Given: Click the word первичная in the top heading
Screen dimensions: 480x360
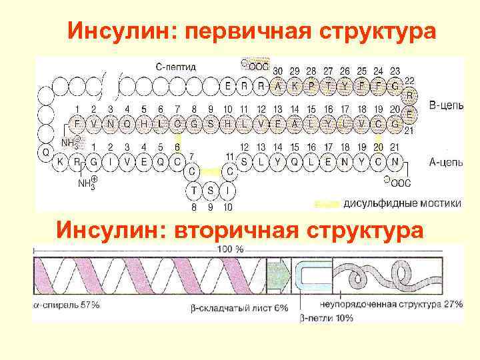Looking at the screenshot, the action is pyautogui.click(x=249, y=32).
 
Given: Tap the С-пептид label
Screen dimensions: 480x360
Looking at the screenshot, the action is pyautogui.click(x=175, y=67).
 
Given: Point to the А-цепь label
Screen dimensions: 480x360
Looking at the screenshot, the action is pyautogui.click(x=441, y=161).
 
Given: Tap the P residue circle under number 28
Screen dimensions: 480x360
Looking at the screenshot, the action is pyautogui.click(x=311, y=86).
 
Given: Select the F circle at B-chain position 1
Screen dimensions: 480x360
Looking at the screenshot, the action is pyautogui.click(x=77, y=124).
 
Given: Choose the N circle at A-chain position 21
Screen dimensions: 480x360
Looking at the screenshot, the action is pyautogui.click(x=395, y=161).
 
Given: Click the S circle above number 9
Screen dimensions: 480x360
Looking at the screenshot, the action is pyautogui.click(x=211, y=191).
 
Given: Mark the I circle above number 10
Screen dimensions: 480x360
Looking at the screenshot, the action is pyautogui.click(x=229, y=191).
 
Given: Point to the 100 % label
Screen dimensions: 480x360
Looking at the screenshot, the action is pyautogui.click(x=230, y=249).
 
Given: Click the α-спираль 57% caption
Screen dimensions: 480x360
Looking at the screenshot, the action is pyautogui.click(x=67, y=305).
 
